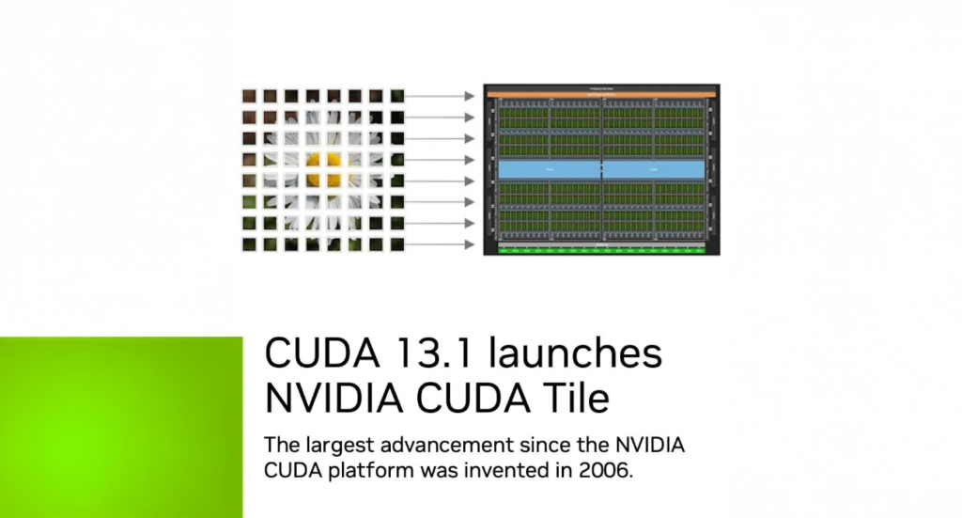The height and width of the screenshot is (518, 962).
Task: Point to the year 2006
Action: [611, 471]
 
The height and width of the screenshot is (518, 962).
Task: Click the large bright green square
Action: [121, 427]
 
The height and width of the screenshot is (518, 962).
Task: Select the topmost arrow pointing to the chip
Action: [440, 96]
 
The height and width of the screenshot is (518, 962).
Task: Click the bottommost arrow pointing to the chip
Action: [440, 244]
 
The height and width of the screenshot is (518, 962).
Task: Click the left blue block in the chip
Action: [550, 168]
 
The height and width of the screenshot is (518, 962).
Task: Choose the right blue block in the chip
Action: [653, 168]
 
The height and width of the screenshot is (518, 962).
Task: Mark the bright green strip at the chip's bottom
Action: [600, 249]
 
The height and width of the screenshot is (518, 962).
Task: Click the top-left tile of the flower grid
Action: [249, 96]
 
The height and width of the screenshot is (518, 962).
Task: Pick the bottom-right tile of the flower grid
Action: [396, 243]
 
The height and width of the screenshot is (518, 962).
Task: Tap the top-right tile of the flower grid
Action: [396, 96]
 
